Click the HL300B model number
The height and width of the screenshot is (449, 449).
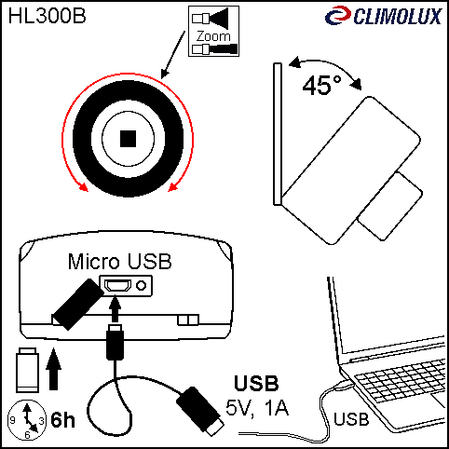click(47, 16)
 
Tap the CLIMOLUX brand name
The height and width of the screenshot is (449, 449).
click(398, 16)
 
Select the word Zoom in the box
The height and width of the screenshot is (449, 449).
click(213, 36)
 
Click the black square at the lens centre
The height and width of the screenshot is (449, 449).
click(128, 139)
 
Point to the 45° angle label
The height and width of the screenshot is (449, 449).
click(321, 86)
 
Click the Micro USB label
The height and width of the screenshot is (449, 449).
click(119, 262)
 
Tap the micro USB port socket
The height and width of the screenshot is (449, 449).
click(117, 285)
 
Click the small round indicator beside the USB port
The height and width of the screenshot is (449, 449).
click(142, 285)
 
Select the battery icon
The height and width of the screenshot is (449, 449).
click(27, 370)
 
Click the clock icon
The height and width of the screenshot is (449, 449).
click(27, 420)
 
